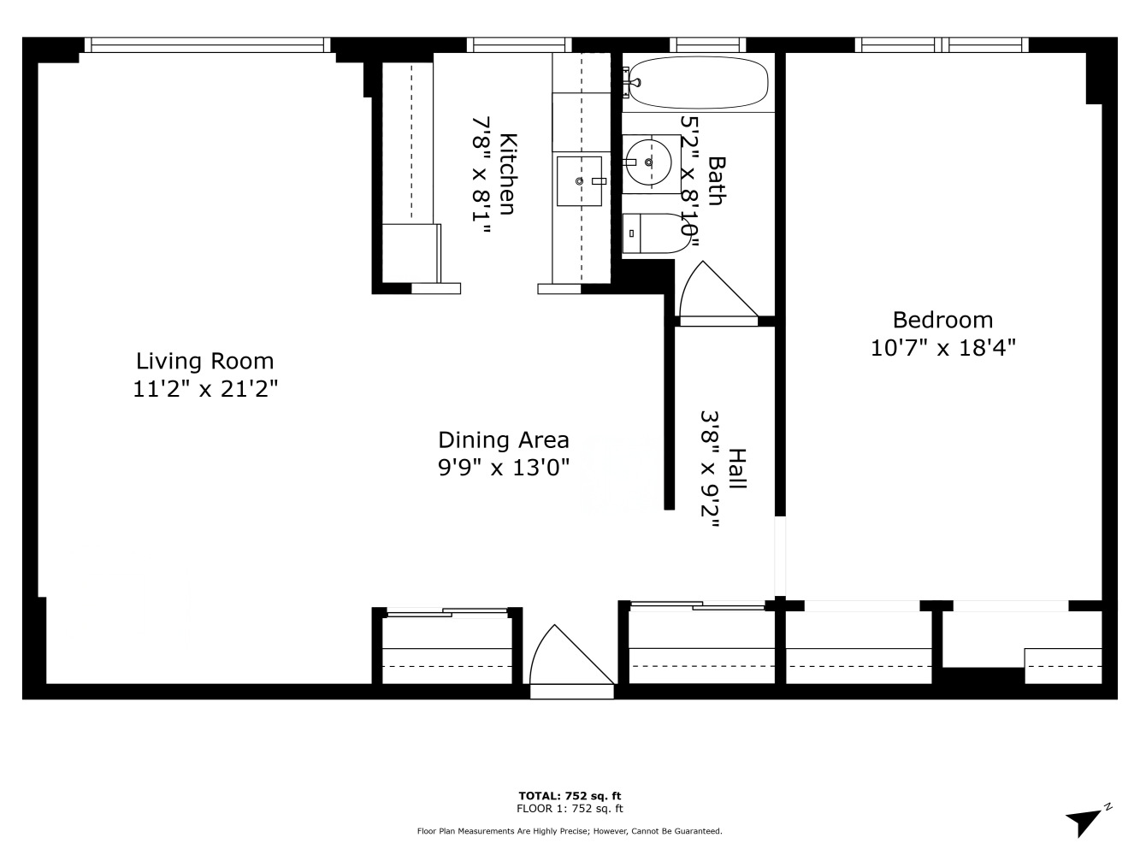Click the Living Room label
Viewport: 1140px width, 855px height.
click(204, 362)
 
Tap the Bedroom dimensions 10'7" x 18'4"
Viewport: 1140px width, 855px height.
click(942, 348)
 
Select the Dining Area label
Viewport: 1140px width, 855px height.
click(504, 440)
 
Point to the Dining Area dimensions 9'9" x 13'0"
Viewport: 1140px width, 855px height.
click(504, 468)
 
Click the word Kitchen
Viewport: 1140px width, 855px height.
click(507, 174)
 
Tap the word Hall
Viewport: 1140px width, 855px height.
click(737, 469)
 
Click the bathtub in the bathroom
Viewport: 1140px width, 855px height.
click(699, 83)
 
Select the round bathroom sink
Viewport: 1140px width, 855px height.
click(649, 162)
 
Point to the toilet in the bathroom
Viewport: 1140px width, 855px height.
click(657, 233)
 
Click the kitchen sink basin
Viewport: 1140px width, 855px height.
click(579, 181)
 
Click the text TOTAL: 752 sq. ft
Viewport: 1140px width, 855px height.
click(570, 796)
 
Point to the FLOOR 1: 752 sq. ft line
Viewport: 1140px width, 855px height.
click(570, 808)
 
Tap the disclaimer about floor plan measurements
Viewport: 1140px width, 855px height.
click(570, 831)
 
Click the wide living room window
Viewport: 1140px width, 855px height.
click(207, 45)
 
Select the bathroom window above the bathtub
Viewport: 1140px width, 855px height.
click(707, 45)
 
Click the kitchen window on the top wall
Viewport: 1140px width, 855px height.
click(519, 45)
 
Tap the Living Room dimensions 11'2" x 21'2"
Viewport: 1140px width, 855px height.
click(205, 389)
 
